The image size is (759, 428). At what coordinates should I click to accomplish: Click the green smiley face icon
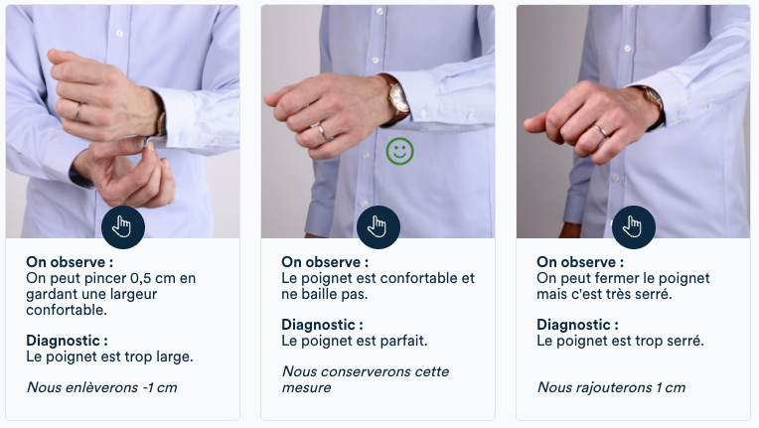pyautogui.click(x=400, y=152)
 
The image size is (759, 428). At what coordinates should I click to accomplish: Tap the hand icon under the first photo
pyautogui.click(x=123, y=227)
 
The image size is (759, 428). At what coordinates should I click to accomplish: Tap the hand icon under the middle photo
pyautogui.click(x=378, y=227)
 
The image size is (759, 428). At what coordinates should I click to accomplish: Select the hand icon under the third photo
pyautogui.click(x=633, y=227)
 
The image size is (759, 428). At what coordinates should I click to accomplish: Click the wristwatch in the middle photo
pyautogui.click(x=397, y=97)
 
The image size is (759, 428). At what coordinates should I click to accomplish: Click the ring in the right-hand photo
pyautogui.click(x=602, y=130)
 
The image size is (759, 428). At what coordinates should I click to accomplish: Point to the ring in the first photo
pyautogui.click(x=77, y=111)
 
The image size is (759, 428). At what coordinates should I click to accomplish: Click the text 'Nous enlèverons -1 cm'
pyautogui.click(x=101, y=386)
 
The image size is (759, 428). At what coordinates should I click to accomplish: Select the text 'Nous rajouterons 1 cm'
pyautogui.click(x=611, y=386)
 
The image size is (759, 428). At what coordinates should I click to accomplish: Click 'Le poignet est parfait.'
pyautogui.click(x=354, y=341)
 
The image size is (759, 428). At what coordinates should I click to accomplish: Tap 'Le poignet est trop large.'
pyautogui.click(x=109, y=356)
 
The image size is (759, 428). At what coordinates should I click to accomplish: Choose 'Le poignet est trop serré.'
pyautogui.click(x=620, y=341)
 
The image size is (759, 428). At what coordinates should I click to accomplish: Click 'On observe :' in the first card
pyautogui.click(x=70, y=262)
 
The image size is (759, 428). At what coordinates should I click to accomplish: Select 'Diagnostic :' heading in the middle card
pyautogui.click(x=322, y=325)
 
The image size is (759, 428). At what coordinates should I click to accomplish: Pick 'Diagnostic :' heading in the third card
pyautogui.click(x=577, y=325)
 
